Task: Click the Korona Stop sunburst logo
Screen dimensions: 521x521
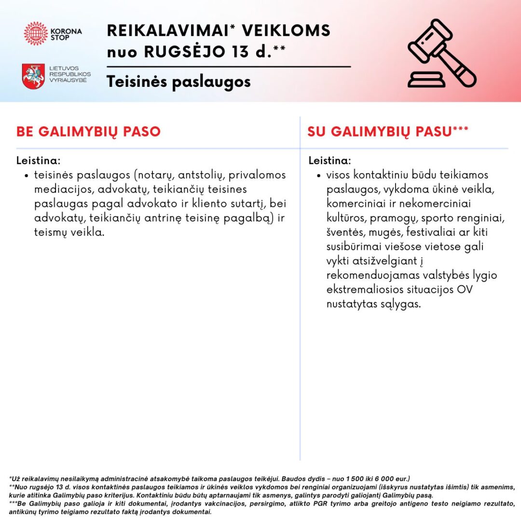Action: pyautogui.click(x=36, y=33)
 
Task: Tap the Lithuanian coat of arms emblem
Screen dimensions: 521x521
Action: pyautogui.click(x=33, y=76)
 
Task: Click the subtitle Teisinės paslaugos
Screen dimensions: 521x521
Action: pyautogui.click(x=179, y=82)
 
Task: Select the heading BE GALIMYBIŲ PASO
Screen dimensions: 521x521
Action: pyautogui.click(x=88, y=132)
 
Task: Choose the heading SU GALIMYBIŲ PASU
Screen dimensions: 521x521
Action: pyautogui.click(x=381, y=132)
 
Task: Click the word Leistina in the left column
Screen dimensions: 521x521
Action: pyautogui.click(x=39, y=160)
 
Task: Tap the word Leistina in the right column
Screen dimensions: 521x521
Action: pyautogui.click(x=330, y=160)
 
